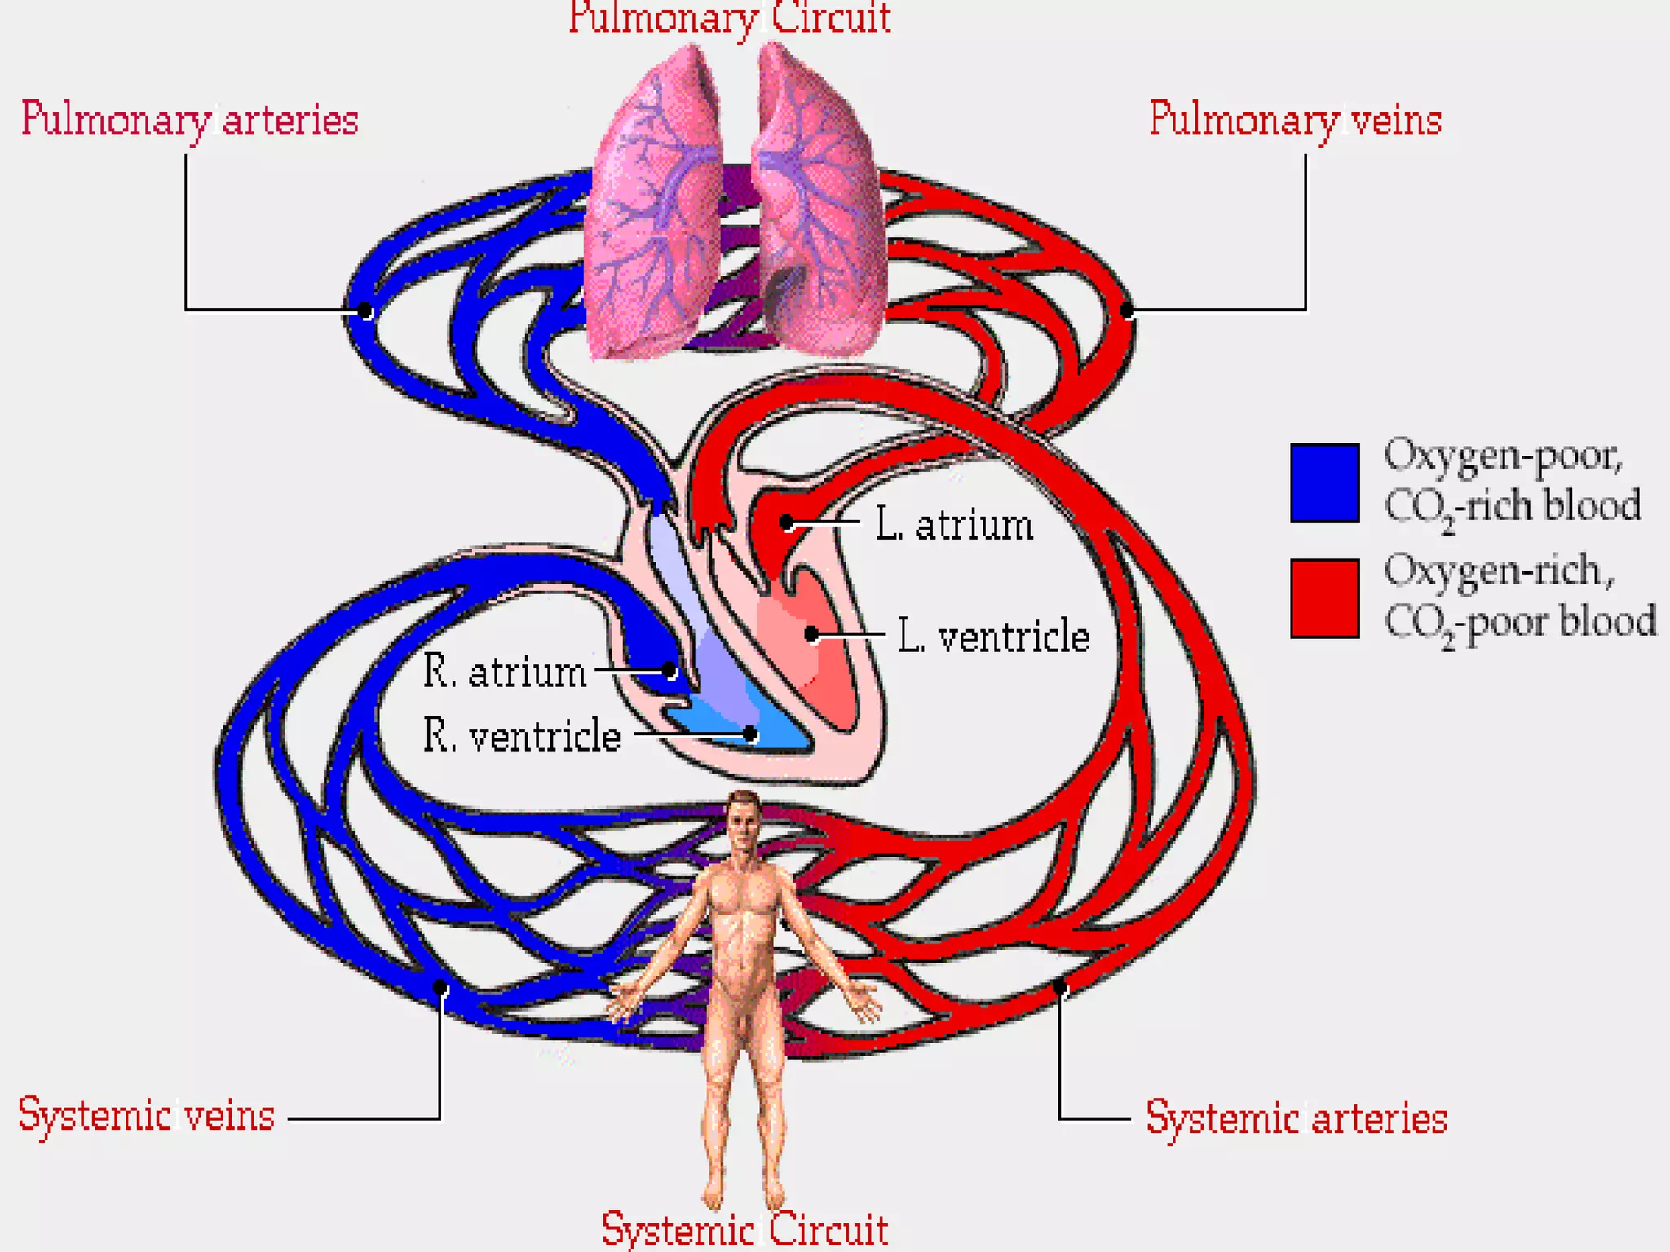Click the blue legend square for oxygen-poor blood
tap(1324, 483)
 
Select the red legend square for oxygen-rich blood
tap(1324, 598)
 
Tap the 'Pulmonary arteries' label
tap(189, 121)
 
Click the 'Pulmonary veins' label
tap(1295, 121)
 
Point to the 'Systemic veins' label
tap(147, 1115)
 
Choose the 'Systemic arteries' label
tap(1296, 1118)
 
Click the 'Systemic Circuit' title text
tap(744, 1229)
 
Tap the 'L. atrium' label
tap(954, 525)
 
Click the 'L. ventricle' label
tap(993, 637)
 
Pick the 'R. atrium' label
tap(505, 672)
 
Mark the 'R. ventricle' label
tap(522, 736)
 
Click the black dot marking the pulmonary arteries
tap(365, 311)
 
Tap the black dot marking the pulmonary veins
tap(1127, 310)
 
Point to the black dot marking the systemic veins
tap(440, 988)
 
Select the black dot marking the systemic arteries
tap(1059, 988)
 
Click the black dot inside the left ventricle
tap(811, 634)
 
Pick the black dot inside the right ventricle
tap(750, 735)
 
